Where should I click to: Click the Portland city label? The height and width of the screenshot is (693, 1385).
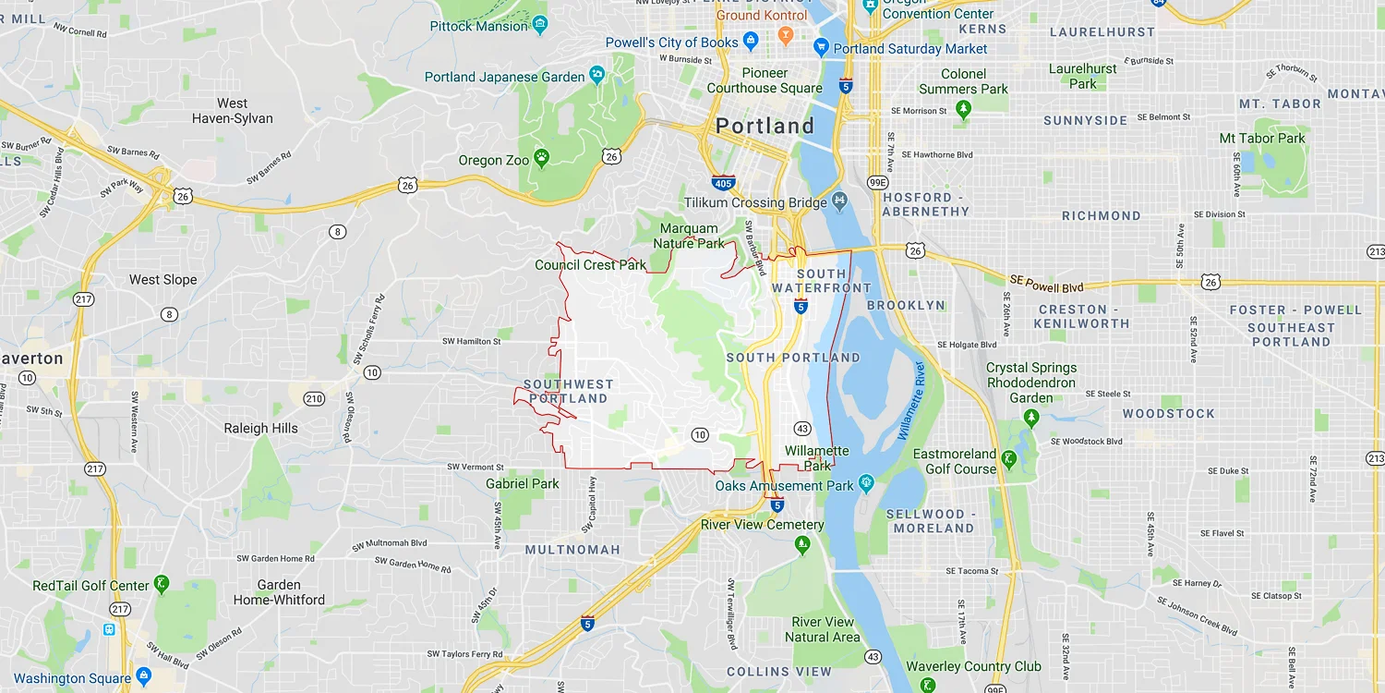click(x=765, y=126)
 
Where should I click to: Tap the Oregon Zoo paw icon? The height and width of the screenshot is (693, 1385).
click(x=542, y=159)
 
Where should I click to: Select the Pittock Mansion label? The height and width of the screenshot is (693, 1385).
click(x=478, y=26)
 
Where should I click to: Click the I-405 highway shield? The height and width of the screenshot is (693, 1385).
click(x=724, y=183)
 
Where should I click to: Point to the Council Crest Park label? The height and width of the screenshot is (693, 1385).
click(x=591, y=265)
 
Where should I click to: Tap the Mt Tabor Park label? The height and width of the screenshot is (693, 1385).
click(x=1262, y=139)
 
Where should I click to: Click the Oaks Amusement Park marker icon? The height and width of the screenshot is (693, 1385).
click(x=865, y=482)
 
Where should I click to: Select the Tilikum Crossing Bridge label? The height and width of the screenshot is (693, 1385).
click(x=756, y=203)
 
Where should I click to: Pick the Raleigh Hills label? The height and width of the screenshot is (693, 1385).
click(x=261, y=429)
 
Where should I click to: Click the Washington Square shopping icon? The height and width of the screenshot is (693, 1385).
click(x=143, y=675)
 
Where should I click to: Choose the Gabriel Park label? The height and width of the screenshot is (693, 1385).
click(x=523, y=483)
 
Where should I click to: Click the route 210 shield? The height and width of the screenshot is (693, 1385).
click(x=314, y=399)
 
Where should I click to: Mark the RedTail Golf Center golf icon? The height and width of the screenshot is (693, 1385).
click(x=162, y=584)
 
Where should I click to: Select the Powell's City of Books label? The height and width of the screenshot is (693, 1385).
click(x=671, y=43)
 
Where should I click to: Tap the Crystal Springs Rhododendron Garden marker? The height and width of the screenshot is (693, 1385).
click(x=1031, y=419)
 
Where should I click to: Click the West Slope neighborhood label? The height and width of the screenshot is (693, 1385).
click(x=163, y=280)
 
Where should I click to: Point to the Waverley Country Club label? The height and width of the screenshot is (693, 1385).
click(x=973, y=667)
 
